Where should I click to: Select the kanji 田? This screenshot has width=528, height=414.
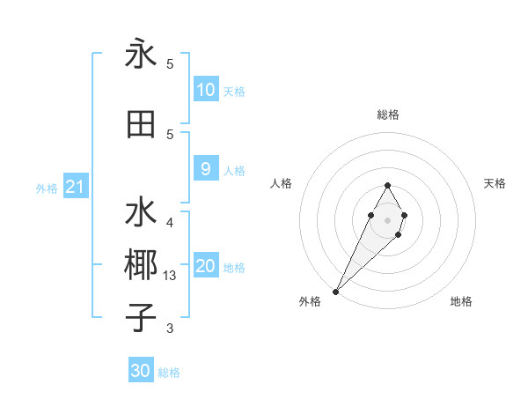pyautogui.click(x=141, y=124)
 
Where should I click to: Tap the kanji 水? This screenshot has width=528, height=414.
pyautogui.click(x=141, y=214)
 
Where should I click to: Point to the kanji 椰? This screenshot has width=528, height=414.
pyautogui.click(x=141, y=264)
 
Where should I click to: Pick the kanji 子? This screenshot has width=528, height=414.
pyautogui.click(x=141, y=316)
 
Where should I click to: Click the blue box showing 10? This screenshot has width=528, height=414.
pyautogui.click(x=206, y=90)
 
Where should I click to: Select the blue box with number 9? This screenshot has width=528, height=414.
pyautogui.click(x=206, y=169)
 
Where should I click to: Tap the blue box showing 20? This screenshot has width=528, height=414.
pyautogui.click(x=206, y=267)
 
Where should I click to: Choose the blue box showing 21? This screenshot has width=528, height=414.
pyautogui.click(x=76, y=187)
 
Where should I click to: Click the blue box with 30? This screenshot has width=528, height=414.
pyautogui.click(x=141, y=371)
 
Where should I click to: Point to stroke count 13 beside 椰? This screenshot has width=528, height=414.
pyautogui.click(x=171, y=276)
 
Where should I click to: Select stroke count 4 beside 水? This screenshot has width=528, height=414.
pyautogui.click(x=170, y=222)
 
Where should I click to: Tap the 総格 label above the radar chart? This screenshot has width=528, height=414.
pyautogui.click(x=388, y=115)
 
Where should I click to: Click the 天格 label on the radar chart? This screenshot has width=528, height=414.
pyautogui.click(x=495, y=183)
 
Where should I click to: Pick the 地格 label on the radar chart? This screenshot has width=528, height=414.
pyautogui.click(x=461, y=301)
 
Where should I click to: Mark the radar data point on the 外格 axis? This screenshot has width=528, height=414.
pyautogui.click(x=335, y=291)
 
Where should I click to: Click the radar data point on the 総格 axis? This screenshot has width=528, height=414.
pyautogui.click(x=387, y=185)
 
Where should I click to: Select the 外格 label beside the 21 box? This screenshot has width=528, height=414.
pyautogui.click(x=47, y=188)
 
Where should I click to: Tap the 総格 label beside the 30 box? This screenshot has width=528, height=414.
pyautogui.click(x=169, y=373)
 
